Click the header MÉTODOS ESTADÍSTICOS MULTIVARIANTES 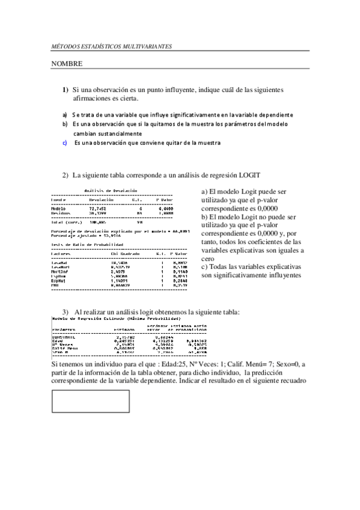[x=111, y=46]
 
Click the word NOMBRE [x=66, y=63]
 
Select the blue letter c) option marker [x=65, y=143]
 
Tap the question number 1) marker [x=66, y=89]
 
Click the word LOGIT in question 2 [x=249, y=175]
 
